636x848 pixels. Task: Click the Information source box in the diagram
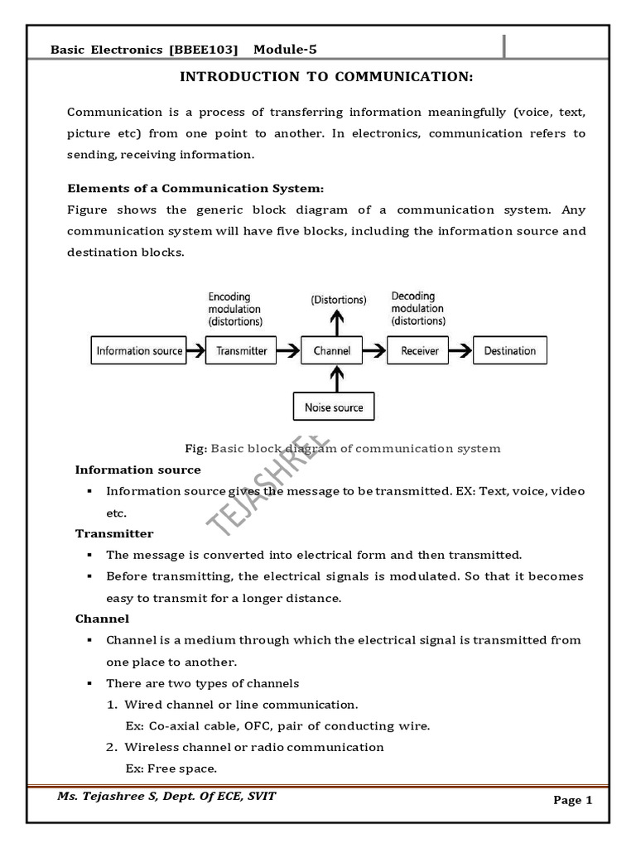139,351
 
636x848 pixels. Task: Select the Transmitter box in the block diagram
241,351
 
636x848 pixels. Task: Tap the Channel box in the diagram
332,351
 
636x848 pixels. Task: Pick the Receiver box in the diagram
419,351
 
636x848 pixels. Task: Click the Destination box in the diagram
509,351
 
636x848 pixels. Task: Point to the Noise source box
333,407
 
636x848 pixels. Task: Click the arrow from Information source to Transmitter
195,351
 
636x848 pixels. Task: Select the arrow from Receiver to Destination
460,351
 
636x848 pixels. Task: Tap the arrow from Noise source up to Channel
333,378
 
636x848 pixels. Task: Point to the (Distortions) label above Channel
338,301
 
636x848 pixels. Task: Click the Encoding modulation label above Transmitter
235,308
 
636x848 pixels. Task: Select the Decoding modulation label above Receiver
418,308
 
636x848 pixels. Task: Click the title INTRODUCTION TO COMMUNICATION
326,77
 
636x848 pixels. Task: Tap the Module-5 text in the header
285,50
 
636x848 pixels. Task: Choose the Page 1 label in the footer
573,800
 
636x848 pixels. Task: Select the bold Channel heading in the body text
102,619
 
